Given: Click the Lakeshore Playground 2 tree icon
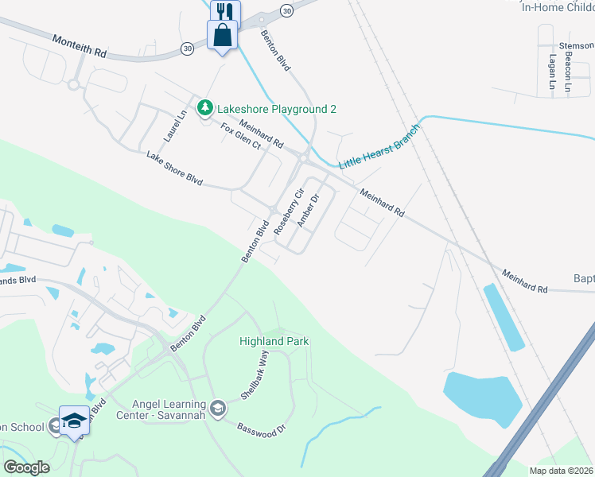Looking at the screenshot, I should click(x=205, y=107).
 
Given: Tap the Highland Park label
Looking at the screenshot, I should click(x=274, y=341).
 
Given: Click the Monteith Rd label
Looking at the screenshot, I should click(x=80, y=45).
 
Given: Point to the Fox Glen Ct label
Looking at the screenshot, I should click(x=240, y=136).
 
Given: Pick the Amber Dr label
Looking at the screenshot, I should click(x=308, y=211).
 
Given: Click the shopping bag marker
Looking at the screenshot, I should click(x=223, y=35).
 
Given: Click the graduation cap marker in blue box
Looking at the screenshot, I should click(x=74, y=421).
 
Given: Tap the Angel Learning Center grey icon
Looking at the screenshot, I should click(x=220, y=409).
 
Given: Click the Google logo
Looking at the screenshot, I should click(x=26, y=467).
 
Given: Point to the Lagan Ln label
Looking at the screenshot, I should click(x=551, y=71).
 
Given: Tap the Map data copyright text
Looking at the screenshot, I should click(x=561, y=471).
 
